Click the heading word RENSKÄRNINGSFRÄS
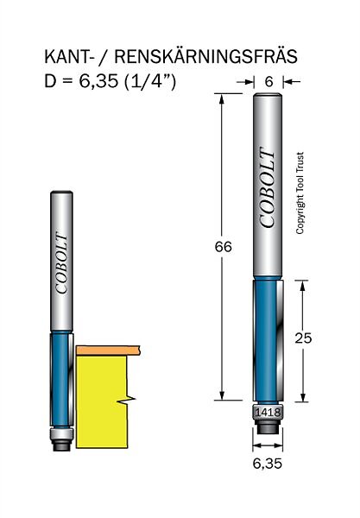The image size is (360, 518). click(x=205, y=56)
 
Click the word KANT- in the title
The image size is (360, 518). click(x=68, y=57)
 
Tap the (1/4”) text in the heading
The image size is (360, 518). click(x=150, y=80)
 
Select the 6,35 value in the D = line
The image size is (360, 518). click(x=98, y=81)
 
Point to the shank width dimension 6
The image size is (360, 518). click(x=268, y=81)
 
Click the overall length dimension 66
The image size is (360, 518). click(x=224, y=247)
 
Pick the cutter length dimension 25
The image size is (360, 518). click(x=303, y=338)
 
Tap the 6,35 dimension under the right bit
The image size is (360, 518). click(x=268, y=464)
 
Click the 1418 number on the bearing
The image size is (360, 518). click(x=268, y=413)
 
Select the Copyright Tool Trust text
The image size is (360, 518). click(x=300, y=193)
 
